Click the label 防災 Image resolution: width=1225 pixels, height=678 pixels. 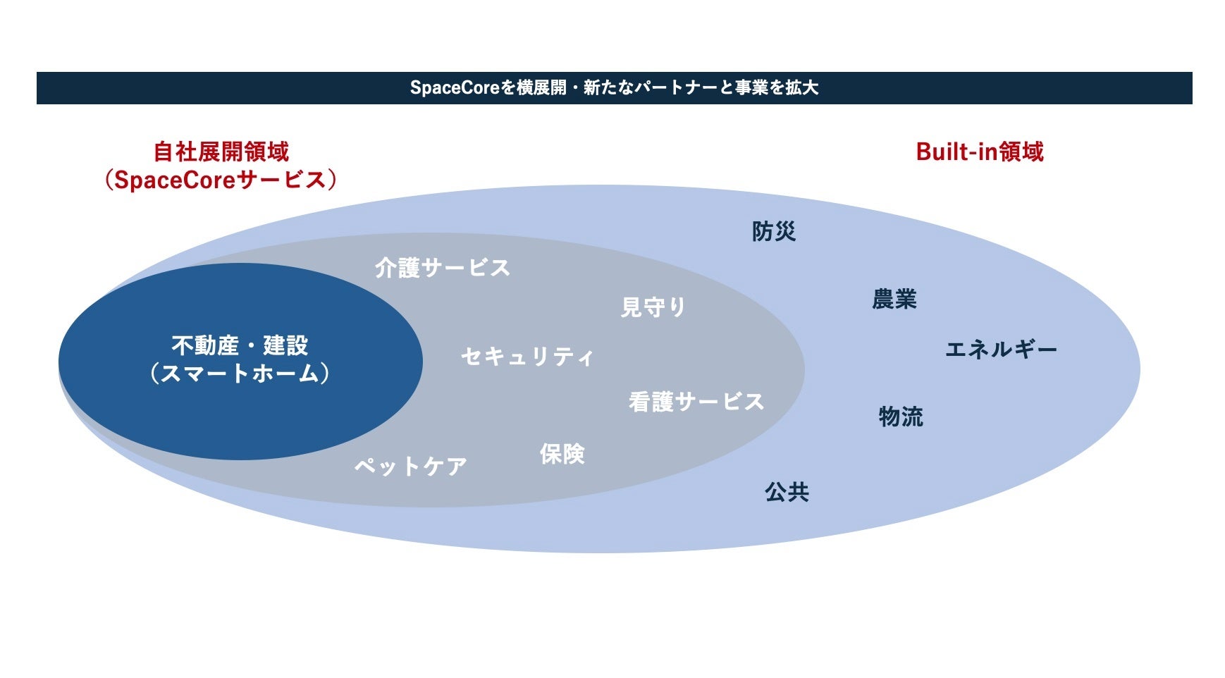click(774, 231)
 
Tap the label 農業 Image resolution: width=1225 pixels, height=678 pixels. click(894, 300)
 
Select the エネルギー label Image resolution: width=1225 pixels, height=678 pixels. click(1001, 350)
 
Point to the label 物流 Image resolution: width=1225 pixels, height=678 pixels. click(901, 417)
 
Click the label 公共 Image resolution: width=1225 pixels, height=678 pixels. click(787, 492)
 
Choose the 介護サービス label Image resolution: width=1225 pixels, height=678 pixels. click(443, 268)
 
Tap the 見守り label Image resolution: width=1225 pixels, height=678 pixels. click(653, 307)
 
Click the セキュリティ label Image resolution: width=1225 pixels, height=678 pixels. click(527, 357)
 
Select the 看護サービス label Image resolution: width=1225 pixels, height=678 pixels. click(696, 402)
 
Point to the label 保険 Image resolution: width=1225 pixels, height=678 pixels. click(562, 454)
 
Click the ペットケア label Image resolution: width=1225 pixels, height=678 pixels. click(410, 466)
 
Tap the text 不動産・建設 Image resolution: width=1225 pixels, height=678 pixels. click(240, 345)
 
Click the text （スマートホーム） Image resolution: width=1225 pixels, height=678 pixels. click(240, 374)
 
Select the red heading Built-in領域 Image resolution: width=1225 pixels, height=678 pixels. click(979, 152)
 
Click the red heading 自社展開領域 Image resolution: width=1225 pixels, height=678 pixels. click(221, 152)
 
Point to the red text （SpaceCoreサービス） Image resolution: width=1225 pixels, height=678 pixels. click(221, 180)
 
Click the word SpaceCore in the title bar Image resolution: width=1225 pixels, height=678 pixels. click(455, 88)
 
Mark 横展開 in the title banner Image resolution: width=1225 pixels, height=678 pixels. click(541, 88)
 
